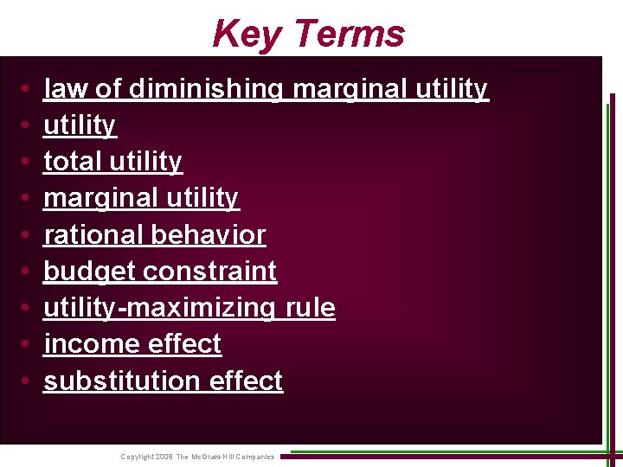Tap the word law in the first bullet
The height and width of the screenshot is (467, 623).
(x=61, y=88)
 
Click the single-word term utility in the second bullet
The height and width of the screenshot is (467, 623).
(x=79, y=126)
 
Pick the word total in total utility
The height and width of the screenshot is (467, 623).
(x=74, y=162)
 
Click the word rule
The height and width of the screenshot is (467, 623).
(x=310, y=308)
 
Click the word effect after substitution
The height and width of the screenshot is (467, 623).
(x=245, y=381)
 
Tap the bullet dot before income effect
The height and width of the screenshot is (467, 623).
(x=29, y=345)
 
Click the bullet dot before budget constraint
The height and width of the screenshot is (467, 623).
(x=29, y=272)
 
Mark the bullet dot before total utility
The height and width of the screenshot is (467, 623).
(x=29, y=163)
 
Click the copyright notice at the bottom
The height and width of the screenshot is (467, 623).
(x=197, y=457)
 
